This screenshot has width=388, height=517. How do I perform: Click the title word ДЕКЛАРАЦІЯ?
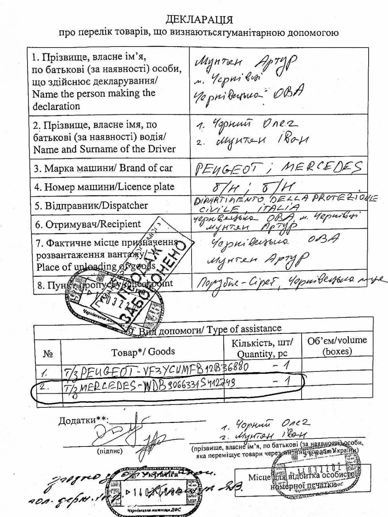click(199, 18)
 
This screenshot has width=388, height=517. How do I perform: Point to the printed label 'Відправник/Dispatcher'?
click(91, 205)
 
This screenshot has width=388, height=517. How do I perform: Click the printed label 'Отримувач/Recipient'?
click(87, 224)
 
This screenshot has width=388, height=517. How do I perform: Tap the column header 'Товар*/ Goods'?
click(143, 352)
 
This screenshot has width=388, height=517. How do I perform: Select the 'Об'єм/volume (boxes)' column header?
click(337, 345)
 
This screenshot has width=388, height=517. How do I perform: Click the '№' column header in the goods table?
click(48, 354)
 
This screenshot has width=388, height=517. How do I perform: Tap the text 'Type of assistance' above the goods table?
click(244, 329)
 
